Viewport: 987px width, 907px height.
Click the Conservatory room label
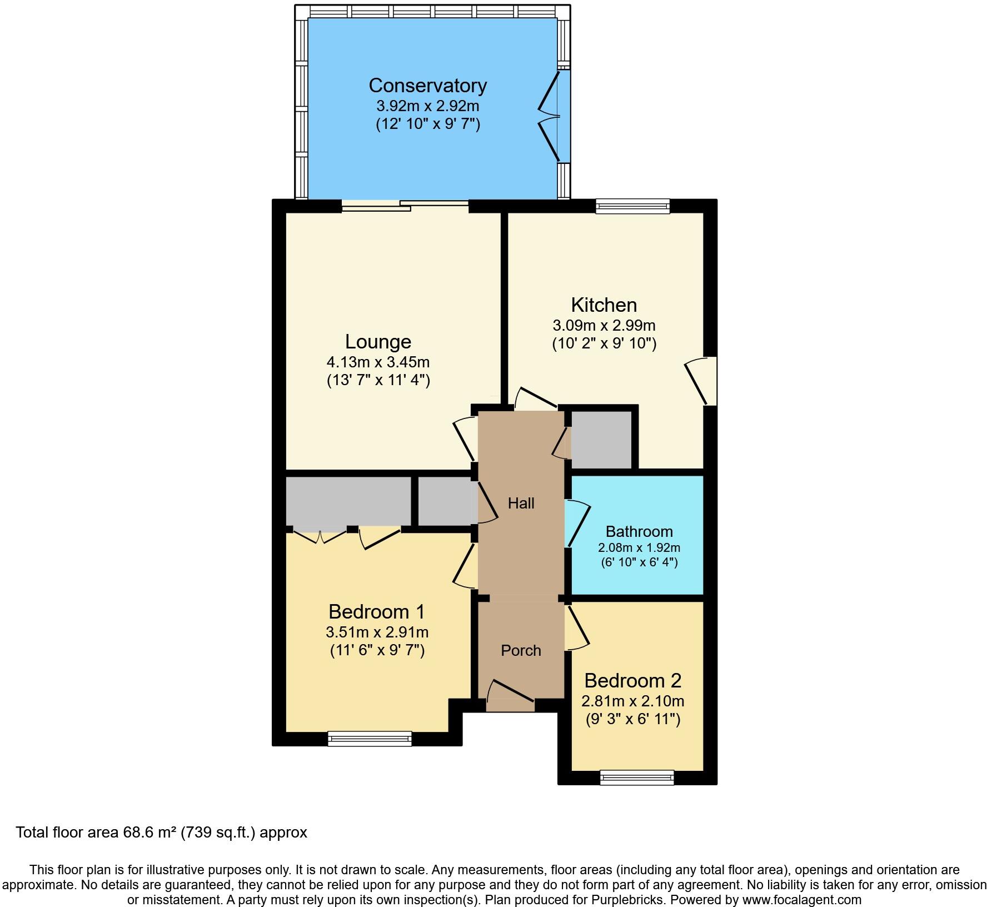click(x=427, y=86)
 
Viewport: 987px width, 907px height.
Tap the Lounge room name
click(x=378, y=341)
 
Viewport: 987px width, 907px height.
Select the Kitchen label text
click(x=604, y=305)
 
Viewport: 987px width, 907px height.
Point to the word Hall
click(x=521, y=503)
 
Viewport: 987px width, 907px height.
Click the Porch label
click(x=521, y=650)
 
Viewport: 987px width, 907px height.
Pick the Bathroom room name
click(x=639, y=531)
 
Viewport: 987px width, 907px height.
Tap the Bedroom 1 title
click(x=377, y=611)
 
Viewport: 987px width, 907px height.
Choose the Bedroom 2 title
click(x=632, y=680)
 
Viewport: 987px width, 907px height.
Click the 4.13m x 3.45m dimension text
click(x=378, y=362)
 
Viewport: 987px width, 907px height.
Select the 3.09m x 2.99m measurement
click(x=604, y=325)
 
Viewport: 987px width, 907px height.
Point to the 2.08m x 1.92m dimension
click(x=639, y=547)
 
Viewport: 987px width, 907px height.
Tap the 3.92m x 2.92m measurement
click(x=427, y=106)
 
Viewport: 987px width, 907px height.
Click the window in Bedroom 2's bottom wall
click(x=637, y=777)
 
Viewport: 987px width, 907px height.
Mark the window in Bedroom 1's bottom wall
click(x=370, y=738)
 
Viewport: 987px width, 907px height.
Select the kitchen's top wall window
click(x=632, y=207)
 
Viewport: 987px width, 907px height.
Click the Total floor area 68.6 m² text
click(x=161, y=832)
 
